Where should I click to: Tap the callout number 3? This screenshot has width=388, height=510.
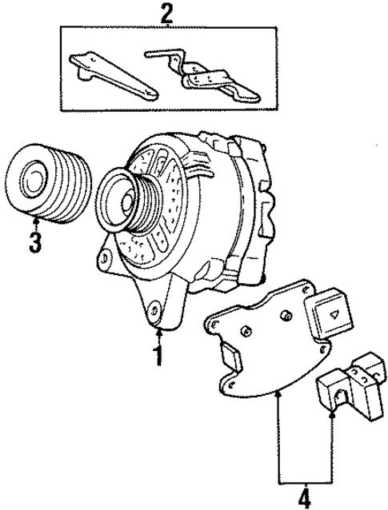click(34, 242)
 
